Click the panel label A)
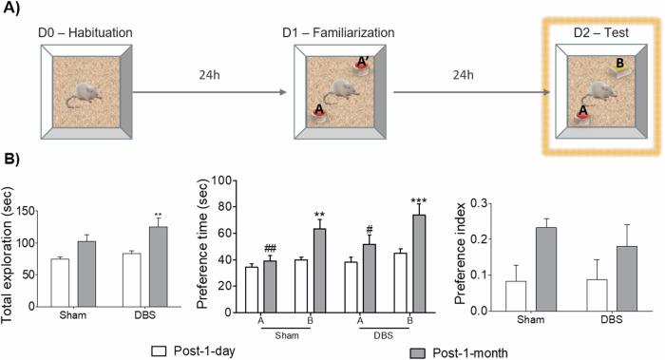point(12,11)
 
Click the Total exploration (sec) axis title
point(10,257)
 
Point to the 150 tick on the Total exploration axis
point(36,202)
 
